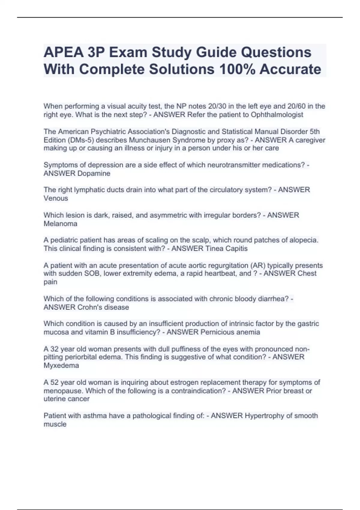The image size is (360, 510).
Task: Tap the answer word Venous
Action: pos(56,198)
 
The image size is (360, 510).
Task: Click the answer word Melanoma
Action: pos(60,224)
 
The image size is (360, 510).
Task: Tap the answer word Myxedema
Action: pos(61,365)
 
